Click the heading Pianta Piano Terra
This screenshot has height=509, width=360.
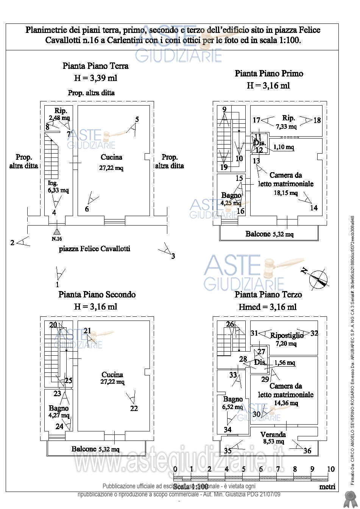(x=95, y=66)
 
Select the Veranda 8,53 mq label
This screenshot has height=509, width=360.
(x=273, y=438)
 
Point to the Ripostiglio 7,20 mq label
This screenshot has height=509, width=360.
(x=287, y=339)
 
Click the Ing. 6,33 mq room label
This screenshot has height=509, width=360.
(x=58, y=187)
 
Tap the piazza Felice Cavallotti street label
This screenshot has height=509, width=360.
(x=95, y=249)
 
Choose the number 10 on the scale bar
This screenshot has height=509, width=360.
(x=330, y=469)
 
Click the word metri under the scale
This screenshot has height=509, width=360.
(x=327, y=487)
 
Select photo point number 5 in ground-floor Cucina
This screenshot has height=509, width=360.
(x=137, y=120)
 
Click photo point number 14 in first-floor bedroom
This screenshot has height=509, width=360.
(x=313, y=208)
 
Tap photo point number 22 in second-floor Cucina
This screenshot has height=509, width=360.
(x=134, y=408)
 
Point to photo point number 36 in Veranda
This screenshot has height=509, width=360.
(x=307, y=450)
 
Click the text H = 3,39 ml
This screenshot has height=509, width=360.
(x=95, y=78)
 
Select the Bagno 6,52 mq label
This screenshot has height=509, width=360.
(x=232, y=403)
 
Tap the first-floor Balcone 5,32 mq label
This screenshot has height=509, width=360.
(x=269, y=234)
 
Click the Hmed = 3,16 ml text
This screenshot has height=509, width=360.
(x=267, y=307)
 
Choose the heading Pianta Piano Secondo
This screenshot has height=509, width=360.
(x=97, y=294)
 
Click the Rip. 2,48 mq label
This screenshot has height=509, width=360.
(x=61, y=114)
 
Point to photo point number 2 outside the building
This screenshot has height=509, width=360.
(x=12, y=243)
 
